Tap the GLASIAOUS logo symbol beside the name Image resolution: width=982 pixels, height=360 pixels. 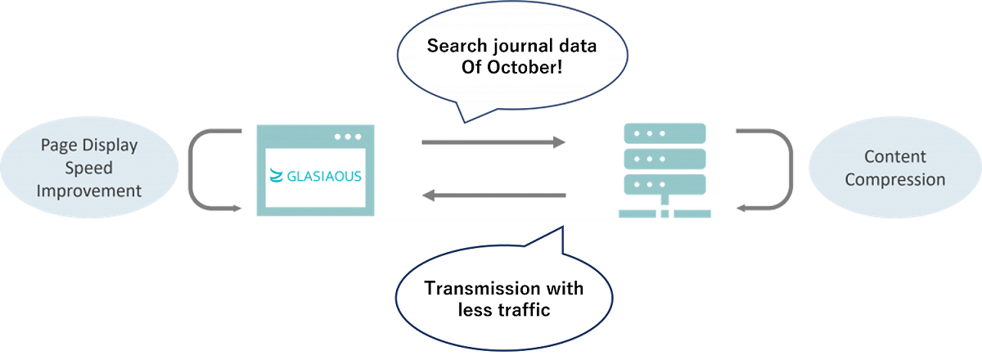[x=277, y=176]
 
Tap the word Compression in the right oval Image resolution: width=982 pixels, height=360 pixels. [x=895, y=179]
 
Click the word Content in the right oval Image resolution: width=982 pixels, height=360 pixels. [x=895, y=157]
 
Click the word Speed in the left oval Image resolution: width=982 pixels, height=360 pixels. [x=91, y=169]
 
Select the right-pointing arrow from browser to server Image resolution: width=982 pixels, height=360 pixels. [x=493, y=142]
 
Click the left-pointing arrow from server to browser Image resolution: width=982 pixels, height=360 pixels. [x=493, y=196]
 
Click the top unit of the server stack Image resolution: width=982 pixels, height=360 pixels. [x=664, y=133]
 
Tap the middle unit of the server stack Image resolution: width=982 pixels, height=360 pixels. [x=664, y=158]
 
